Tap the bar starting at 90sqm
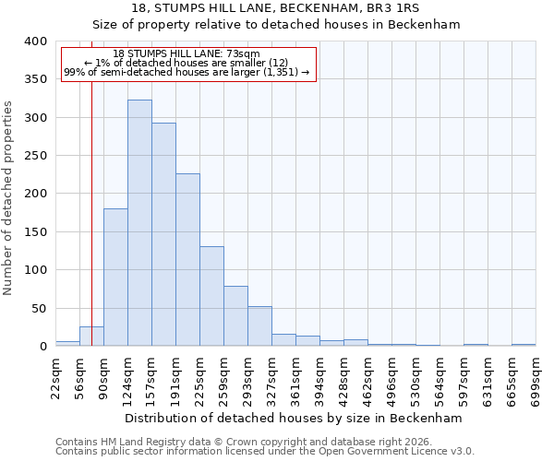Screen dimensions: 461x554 pyautogui.click(x=115, y=278)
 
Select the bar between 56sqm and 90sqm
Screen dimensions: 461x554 pyautogui.click(x=91, y=337)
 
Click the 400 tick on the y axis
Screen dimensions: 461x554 pyautogui.click(x=34, y=41)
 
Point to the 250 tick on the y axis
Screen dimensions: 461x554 pyautogui.click(x=34, y=156)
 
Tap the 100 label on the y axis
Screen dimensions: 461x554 pyautogui.click(x=34, y=270)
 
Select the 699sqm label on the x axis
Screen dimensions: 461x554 pyautogui.click(x=536, y=378)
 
